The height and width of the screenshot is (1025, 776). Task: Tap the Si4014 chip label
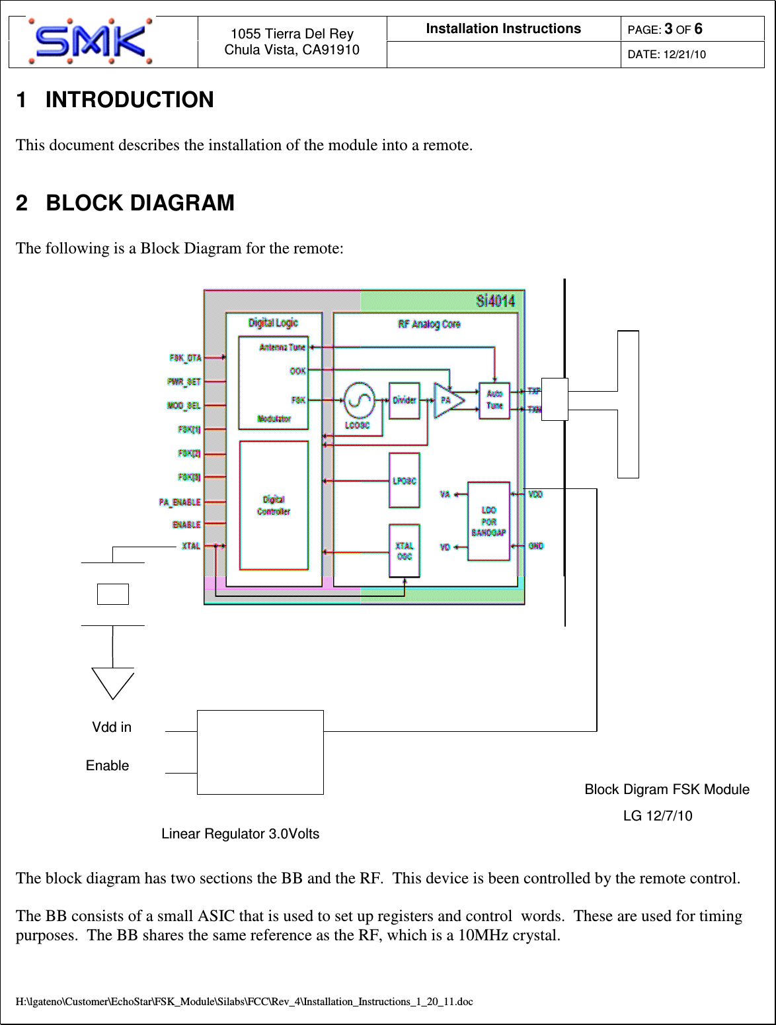(496, 302)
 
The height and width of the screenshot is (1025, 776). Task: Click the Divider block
(404, 400)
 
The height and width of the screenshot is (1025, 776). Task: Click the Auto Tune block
(494, 400)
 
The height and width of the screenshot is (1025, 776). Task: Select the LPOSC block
(404, 480)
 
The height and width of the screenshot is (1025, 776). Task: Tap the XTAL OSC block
(404, 551)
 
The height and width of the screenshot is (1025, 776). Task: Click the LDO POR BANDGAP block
(488, 521)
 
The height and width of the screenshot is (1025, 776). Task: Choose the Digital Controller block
(273, 505)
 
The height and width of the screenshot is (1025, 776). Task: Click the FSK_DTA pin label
(185, 358)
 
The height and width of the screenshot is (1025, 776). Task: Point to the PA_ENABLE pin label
(179, 503)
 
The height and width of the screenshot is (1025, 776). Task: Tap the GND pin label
(536, 547)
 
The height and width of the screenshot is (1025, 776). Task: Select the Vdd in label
(111, 727)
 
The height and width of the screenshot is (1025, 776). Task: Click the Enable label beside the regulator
(108, 766)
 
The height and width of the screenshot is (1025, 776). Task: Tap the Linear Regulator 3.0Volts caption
(241, 834)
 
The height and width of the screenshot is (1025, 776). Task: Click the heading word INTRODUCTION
(129, 100)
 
